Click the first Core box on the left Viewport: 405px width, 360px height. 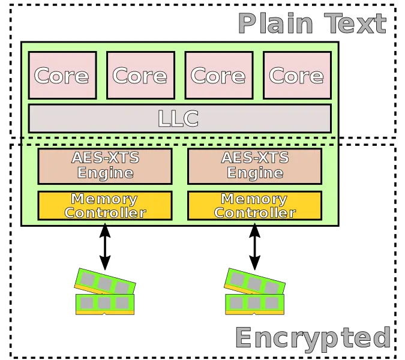[x=62, y=75]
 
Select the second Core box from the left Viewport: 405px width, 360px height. [x=140, y=75]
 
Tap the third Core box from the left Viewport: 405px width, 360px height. [x=218, y=75]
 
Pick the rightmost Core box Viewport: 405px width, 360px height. [x=296, y=75]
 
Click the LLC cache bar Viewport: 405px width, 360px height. [x=179, y=118]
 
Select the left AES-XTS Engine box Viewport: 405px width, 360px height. [x=104, y=166]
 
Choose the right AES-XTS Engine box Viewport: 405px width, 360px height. [x=254, y=166]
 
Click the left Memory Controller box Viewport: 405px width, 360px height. [x=104, y=205]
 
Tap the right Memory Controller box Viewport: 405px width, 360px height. [x=254, y=205]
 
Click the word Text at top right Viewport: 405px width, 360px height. [x=356, y=23]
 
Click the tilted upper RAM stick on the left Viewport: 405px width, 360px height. [x=105, y=281]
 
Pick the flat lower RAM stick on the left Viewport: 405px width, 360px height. [x=104, y=304]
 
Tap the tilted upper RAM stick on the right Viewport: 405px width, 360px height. [x=255, y=281]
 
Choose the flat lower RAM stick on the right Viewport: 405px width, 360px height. [x=254, y=304]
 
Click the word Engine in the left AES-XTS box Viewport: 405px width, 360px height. [x=104, y=173]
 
